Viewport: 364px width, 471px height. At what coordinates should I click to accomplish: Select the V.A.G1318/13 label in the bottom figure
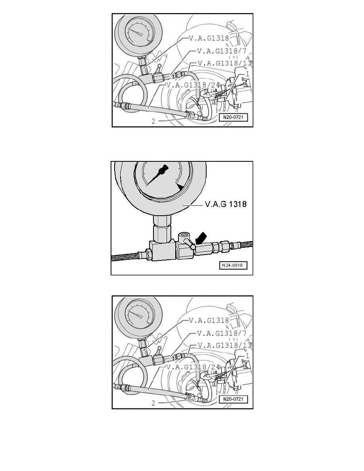(224, 345)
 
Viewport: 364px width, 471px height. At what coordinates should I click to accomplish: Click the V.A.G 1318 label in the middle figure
(226, 205)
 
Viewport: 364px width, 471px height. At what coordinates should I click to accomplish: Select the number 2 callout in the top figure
(153, 122)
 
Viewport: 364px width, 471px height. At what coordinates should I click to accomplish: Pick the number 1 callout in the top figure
(247, 74)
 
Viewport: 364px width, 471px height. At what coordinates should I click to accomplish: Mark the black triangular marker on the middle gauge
(180, 186)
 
